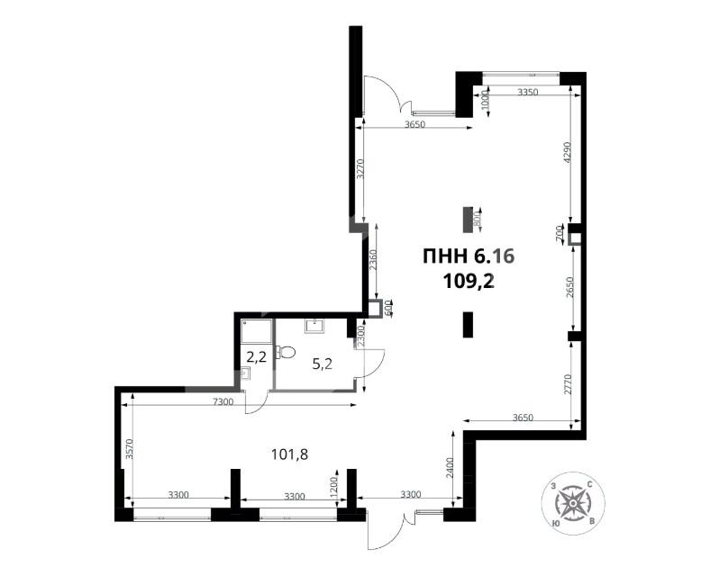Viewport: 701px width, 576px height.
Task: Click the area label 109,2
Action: coord(469,282)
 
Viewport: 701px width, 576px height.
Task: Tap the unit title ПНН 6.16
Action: coord(469,256)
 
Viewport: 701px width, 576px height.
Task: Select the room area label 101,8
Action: coord(290,454)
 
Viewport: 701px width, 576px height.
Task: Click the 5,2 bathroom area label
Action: coord(322,364)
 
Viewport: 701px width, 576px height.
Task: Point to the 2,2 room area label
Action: coord(257,356)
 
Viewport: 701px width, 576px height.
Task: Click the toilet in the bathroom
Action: coord(287,352)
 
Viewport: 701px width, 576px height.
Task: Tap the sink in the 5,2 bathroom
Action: coord(315,326)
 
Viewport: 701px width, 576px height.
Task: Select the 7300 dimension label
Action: coord(223,402)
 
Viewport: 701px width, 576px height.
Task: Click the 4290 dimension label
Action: coord(568,153)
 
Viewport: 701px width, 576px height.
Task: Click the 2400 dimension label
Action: coord(450,467)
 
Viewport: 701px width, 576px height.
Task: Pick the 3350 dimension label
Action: coord(527,93)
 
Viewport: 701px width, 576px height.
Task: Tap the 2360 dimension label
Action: coord(373,260)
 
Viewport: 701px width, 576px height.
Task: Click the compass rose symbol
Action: coord(573,503)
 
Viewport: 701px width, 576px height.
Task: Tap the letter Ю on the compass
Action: coord(555,523)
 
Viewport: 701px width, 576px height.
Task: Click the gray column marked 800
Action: coord(468,220)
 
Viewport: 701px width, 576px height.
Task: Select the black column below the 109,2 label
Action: coord(468,325)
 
